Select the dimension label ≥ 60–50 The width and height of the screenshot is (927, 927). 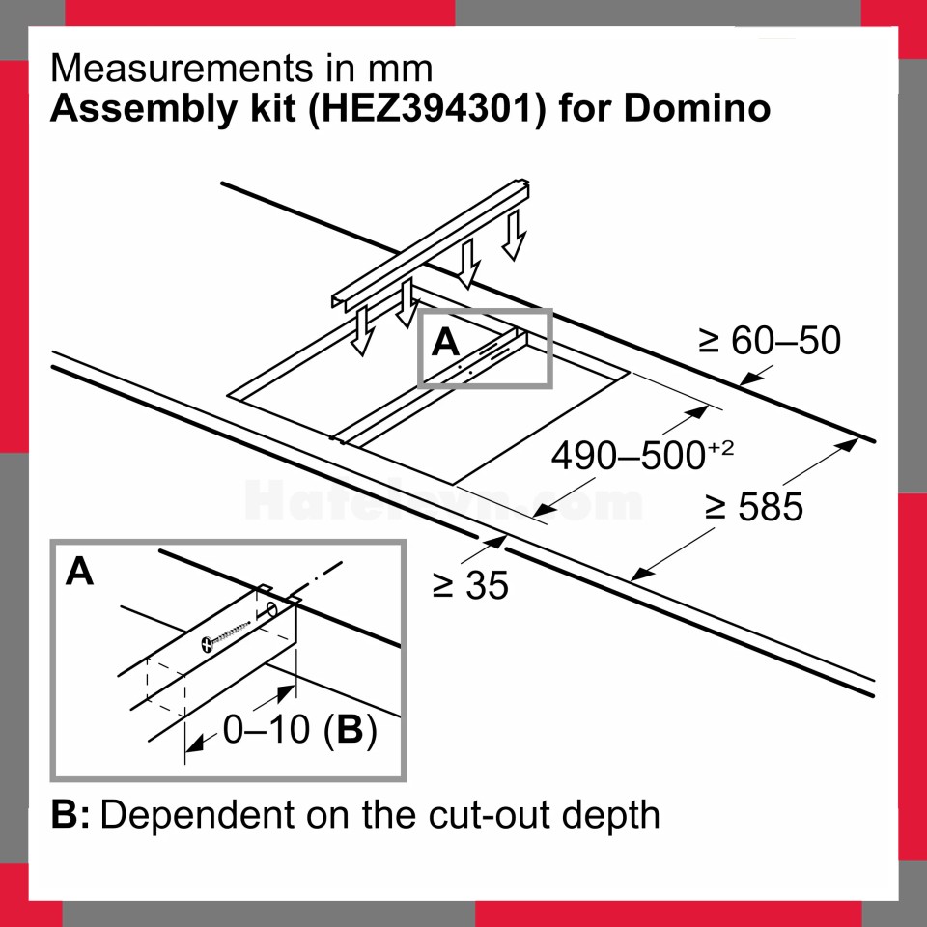click(769, 341)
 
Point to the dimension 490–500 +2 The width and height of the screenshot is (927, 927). click(642, 455)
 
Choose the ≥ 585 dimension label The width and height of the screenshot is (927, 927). click(754, 506)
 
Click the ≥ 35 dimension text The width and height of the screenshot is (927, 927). click(470, 585)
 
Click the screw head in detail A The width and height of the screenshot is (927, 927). click(207, 644)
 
